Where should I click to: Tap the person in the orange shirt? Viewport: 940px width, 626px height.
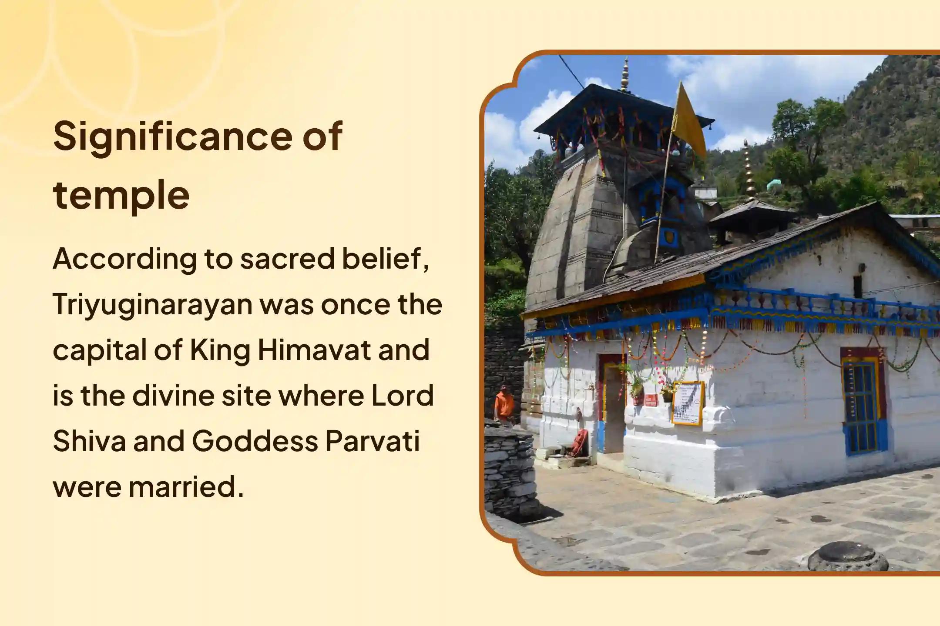pyautogui.click(x=503, y=404)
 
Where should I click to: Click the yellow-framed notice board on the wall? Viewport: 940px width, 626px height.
pyautogui.click(x=687, y=403)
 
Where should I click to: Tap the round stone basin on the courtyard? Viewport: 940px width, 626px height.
pyautogui.click(x=847, y=557)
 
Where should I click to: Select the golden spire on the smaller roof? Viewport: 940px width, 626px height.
pyautogui.click(x=749, y=170)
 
